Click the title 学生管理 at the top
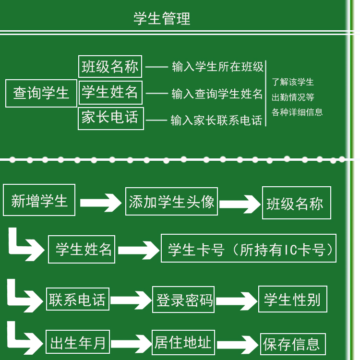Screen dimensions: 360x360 pos(162,19)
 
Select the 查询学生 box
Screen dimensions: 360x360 pos(41,93)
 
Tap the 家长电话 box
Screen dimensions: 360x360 pos(110,118)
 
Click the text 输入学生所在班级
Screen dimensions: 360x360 pos(218,67)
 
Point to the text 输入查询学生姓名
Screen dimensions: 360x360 pos(217,94)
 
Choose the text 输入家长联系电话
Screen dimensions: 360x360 pos(216,120)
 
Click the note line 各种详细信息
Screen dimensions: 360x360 pos(297,112)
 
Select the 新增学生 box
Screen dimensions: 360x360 pos(39,200)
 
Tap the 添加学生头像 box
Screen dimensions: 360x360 pos(171,202)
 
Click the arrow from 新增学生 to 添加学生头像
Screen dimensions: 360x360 pos(101,203)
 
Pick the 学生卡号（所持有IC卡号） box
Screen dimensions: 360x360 pos(248,249)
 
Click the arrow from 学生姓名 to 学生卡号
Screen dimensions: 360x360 pos(138,250)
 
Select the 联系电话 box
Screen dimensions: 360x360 pos(77,300)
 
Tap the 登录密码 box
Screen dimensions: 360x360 pos(183,300)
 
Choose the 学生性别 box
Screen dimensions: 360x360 pos(292,300)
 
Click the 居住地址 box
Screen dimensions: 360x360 pos(183,342)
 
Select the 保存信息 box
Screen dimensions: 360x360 pos(292,344)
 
